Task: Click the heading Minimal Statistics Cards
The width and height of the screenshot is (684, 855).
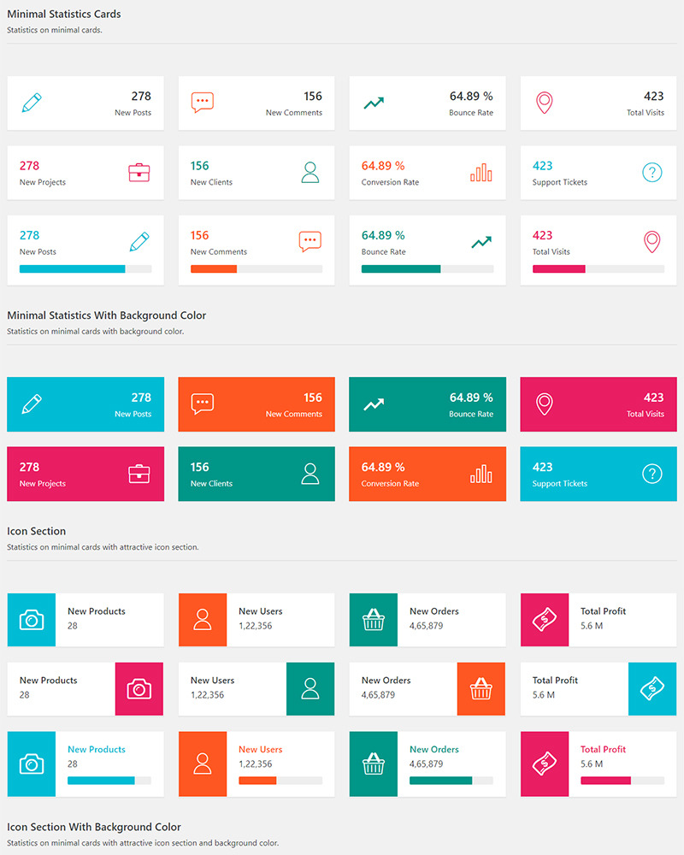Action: [x=64, y=15]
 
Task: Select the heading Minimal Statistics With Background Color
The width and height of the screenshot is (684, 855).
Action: [x=107, y=315]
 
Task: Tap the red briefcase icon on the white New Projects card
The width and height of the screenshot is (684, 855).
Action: [x=139, y=173]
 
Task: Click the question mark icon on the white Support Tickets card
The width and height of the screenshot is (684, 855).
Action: [x=652, y=173]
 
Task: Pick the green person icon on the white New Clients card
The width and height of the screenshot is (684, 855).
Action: [x=310, y=173]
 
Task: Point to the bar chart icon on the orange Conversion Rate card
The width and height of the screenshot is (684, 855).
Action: [x=481, y=474]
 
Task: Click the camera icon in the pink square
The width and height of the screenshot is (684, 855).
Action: [x=139, y=688]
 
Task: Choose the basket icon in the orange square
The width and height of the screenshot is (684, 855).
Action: [x=481, y=688]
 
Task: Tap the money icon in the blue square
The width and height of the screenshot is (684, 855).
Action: [x=652, y=688]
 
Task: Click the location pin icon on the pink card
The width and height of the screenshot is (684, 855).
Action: [x=545, y=404]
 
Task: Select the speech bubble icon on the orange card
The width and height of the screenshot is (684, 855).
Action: [x=203, y=404]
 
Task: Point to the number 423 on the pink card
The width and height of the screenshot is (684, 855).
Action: [x=653, y=398]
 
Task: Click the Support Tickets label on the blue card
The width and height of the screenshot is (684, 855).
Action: [x=560, y=484]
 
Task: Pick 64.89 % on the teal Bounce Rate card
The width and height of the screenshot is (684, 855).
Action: [x=471, y=398]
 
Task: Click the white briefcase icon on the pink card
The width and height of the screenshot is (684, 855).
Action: [x=139, y=474]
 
